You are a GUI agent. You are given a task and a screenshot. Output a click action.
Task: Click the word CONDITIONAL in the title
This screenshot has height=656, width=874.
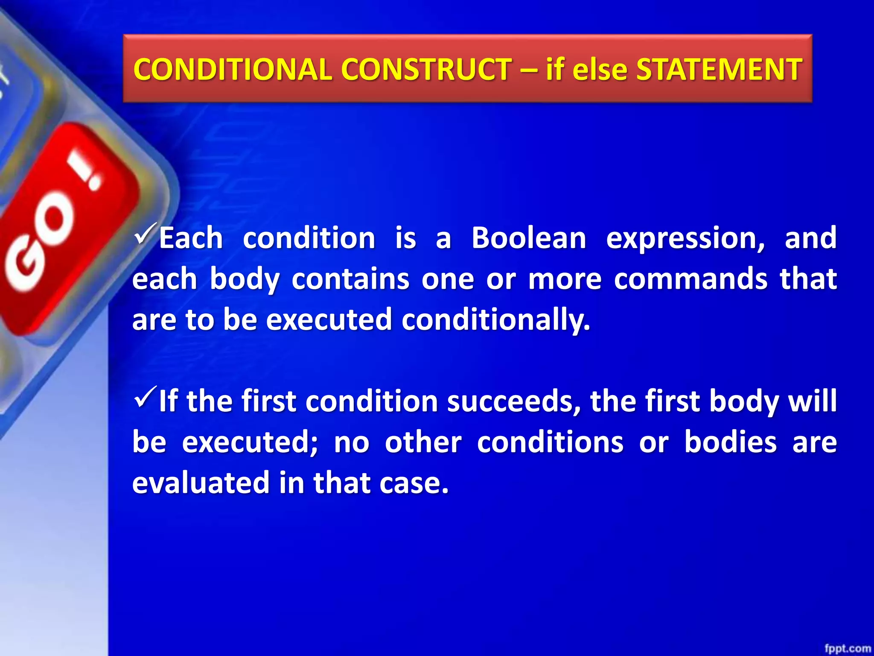233,69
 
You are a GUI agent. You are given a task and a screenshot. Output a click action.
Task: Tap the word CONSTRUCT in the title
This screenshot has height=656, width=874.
426,69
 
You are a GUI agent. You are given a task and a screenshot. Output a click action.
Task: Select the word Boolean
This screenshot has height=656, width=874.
529,238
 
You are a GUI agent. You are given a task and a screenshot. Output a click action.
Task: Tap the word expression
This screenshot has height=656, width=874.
685,238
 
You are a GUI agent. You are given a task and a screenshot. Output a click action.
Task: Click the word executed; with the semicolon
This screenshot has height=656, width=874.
250,442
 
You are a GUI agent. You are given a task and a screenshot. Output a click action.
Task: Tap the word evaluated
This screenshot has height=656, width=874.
201,483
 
